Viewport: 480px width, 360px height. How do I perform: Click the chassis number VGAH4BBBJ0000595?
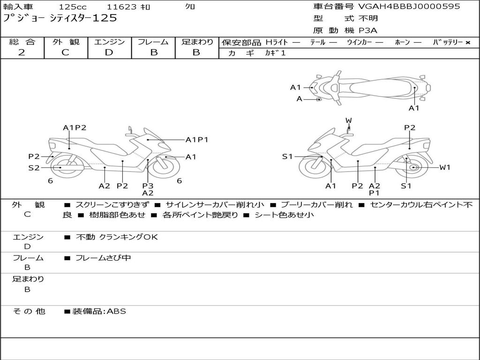click(x=409, y=7)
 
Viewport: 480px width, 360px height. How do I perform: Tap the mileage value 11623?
click(x=122, y=7)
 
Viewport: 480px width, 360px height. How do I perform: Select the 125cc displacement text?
click(x=72, y=7)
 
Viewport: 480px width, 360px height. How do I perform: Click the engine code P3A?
click(x=368, y=30)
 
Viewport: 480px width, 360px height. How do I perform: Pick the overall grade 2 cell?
click(x=22, y=52)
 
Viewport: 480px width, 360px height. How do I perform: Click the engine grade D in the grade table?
click(x=109, y=52)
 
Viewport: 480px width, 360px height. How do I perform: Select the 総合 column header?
click(x=22, y=42)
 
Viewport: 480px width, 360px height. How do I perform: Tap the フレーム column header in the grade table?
click(x=153, y=42)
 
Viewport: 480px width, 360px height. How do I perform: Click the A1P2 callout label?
click(x=75, y=127)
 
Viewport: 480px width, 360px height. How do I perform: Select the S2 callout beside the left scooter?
click(x=34, y=167)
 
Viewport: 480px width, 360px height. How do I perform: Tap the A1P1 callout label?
click(x=197, y=140)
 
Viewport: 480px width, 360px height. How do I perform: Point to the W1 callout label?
click(x=444, y=167)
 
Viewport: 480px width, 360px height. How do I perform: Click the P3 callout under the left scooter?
click(x=148, y=186)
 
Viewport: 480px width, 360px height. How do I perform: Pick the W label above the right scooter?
click(x=348, y=120)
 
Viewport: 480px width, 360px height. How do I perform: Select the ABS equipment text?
click(x=117, y=311)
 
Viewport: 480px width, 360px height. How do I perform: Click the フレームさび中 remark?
click(x=103, y=258)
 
